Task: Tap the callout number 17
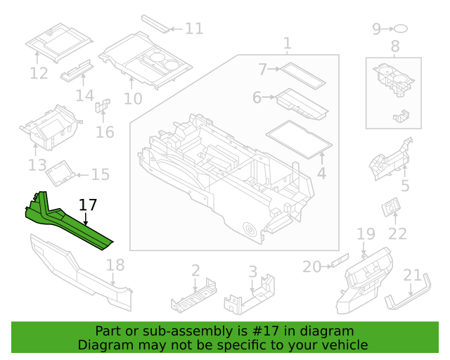point(88,205)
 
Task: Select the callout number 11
point(194,29)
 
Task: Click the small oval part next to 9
point(401,29)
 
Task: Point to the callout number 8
point(394,48)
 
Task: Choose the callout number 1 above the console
point(287,44)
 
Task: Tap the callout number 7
point(262,70)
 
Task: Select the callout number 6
point(257,98)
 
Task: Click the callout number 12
point(39,73)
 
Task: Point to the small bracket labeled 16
point(102,108)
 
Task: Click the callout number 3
point(252,271)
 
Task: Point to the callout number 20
point(311,266)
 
